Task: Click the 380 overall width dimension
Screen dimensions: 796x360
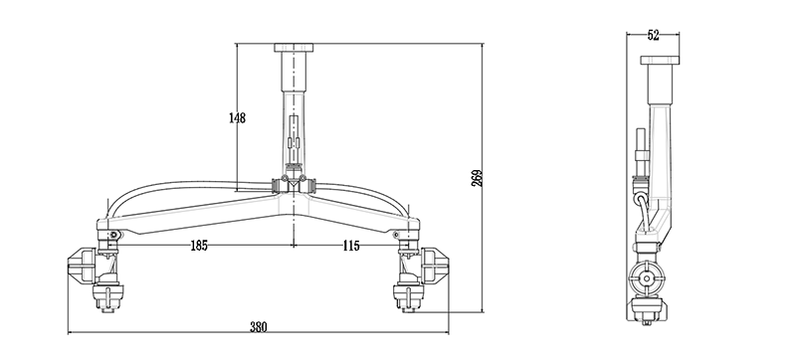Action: tap(258, 327)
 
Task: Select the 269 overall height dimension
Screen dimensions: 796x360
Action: tap(477, 178)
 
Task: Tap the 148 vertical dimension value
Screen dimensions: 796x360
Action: tap(237, 118)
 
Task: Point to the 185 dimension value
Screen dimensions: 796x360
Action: tap(199, 246)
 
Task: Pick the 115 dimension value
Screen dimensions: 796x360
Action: tap(351, 246)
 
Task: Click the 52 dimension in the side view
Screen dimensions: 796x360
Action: tap(654, 35)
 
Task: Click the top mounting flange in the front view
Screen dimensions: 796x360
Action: tap(294, 48)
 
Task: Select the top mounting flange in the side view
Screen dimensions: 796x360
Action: tap(660, 60)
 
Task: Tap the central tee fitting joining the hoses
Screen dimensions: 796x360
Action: tap(294, 185)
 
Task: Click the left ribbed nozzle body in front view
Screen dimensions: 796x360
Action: tap(82, 267)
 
